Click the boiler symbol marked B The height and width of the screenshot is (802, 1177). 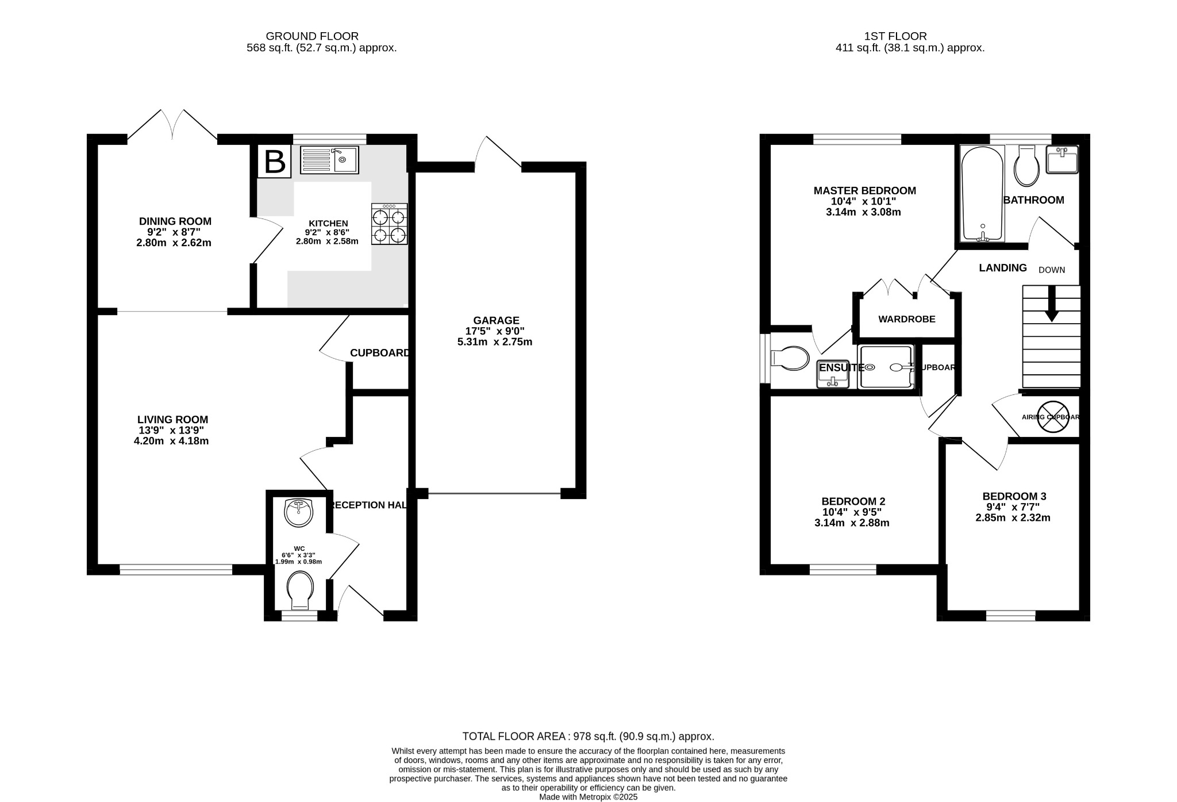click(x=274, y=162)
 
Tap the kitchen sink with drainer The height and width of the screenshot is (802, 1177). click(x=329, y=160)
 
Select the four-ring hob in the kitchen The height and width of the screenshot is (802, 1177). click(x=390, y=225)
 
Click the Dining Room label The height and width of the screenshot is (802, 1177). click(x=175, y=221)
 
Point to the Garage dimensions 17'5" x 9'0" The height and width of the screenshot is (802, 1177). click(x=495, y=331)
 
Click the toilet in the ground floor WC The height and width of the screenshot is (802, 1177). click(x=301, y=589)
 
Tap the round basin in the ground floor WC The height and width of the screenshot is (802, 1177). click(x=299, y=512)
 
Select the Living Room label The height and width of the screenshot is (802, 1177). click(x=172, y=420)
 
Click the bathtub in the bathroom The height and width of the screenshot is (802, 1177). click(x=982, y=194)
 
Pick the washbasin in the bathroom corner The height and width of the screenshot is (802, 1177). click(x=1062, y=159)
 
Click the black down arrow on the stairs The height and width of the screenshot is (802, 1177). click(x=1052, y=305)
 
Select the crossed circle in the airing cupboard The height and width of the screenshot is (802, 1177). click(x=1053, y=417)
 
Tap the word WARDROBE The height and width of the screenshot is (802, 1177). click(x=907, y=319)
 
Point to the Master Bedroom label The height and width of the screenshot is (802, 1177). click(x=864, y=191)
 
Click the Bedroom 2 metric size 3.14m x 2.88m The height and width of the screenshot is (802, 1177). click(x=852, y=523)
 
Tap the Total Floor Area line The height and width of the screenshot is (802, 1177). click(x=588, y=736)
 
